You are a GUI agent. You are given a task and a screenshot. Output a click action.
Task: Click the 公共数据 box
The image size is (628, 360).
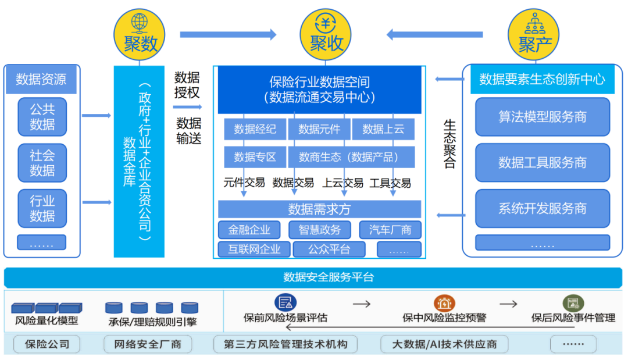click(x=42, y=117)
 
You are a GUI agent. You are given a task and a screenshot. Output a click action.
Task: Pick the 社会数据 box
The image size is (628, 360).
click(x=42, y=163)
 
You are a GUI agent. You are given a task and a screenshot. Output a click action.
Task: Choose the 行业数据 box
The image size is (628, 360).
click(x=42, y=208)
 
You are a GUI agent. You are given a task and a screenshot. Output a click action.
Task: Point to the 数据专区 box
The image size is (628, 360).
click(x=255, y=157)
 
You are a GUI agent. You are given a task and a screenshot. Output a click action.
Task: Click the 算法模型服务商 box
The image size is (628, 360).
click(x=542, y=117)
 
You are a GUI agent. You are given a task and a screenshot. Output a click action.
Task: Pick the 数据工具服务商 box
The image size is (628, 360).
click(x=542, y=163)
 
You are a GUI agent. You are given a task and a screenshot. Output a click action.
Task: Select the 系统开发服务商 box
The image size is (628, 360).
click(x=542, y=208)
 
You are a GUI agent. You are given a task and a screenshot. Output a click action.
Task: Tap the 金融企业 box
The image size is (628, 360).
click(x=249, y=230)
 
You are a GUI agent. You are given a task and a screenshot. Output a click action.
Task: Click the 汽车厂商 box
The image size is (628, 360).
click(x=390, y=230)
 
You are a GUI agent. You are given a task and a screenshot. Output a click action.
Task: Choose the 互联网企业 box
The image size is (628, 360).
click(x=254, y=249)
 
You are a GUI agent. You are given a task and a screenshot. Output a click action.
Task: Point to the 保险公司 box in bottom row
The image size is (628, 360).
click(x=47, y=344)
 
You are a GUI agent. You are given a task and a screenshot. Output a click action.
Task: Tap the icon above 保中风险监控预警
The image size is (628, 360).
click(x=444, y=303)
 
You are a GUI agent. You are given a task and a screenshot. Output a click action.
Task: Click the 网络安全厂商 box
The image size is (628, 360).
click(x=148, y=344)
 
